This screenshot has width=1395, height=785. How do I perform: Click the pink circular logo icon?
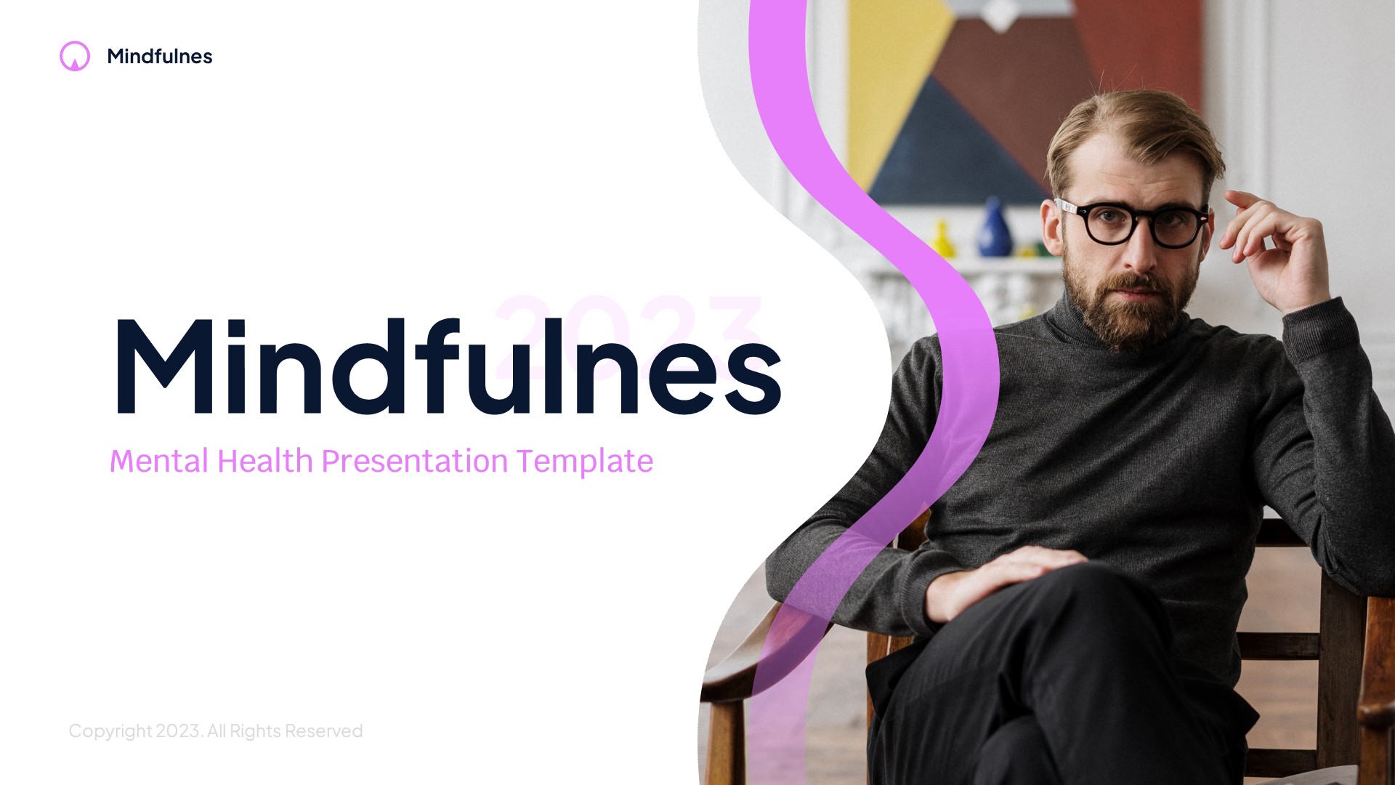pos(75,56)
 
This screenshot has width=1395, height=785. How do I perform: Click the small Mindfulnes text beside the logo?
pos(159,57)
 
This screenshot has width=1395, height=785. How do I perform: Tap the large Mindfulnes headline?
pos(447,367)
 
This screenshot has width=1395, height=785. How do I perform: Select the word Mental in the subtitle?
pos(159,461)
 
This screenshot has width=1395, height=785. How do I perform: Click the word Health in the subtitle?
pos(264,461)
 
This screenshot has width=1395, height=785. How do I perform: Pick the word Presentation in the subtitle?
pos(414,461)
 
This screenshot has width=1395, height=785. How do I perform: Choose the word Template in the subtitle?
pos(585,461)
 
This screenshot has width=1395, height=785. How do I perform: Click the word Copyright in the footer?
pos(110,730)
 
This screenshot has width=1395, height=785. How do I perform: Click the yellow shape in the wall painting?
pos(890,87)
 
